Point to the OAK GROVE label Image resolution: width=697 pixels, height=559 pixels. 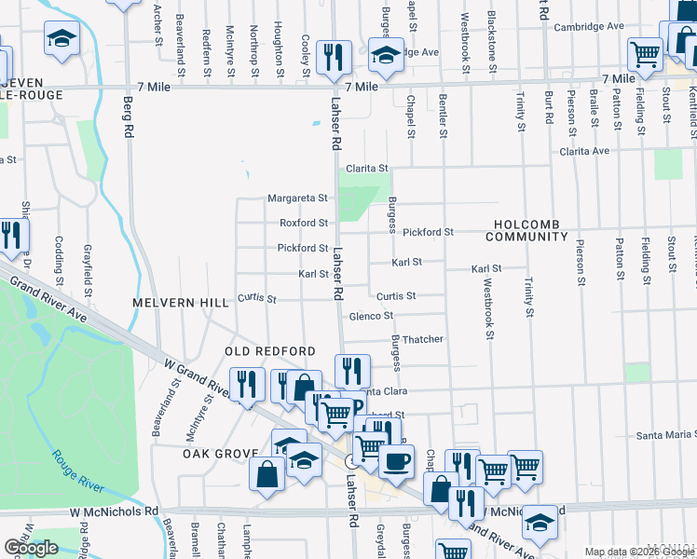pyautogui.click(x=220, y=454)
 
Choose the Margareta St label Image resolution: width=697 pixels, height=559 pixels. pyautogui.click(x=297, y=198)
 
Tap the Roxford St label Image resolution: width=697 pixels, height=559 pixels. pyautogui.click(x=304, y=223)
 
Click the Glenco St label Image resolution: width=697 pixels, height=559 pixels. pyautogui.click(x=371, y=316)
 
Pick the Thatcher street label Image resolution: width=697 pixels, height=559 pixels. pyautogui.click(x=421, y=339)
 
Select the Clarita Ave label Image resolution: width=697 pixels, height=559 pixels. pyautogui.click(x=583, y=150)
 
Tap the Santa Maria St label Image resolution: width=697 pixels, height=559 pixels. pyautogui.click(x=665, y=435)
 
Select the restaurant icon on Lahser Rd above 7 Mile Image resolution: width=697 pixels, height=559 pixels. pyautogui.click(x=333, y=57)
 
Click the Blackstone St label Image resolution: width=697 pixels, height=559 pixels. pyautogui.click(x=492, y=38)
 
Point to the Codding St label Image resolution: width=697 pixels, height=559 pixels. pyautogui.click(x=59, y=256)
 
